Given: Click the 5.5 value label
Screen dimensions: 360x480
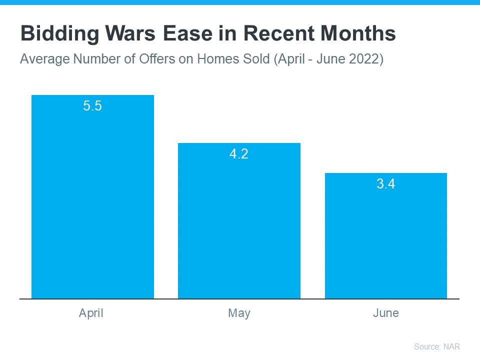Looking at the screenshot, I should (92, 106).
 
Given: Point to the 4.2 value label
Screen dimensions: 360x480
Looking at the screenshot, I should (239, 154).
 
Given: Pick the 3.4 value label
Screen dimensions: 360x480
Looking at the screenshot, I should (385, 184).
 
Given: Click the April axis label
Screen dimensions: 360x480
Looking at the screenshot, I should (91, 313).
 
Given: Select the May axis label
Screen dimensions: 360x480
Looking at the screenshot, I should (239, 313).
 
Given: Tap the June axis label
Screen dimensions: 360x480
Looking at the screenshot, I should (385, 313).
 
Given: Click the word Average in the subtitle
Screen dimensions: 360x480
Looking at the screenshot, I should (44, 59).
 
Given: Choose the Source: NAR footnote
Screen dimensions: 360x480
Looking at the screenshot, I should (436, 346).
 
